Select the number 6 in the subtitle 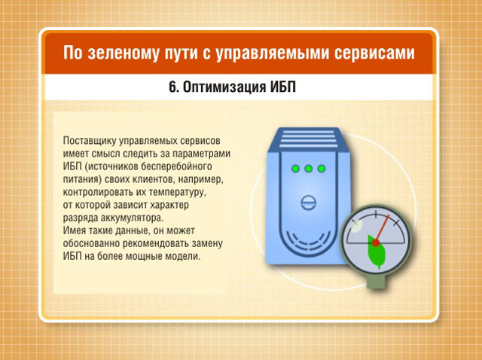pyautogui.click(x=173, y=87)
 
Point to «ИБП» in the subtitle pyautogui.click(x=283, y=87)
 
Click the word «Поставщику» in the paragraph pyautogui.click(x=89, y=141)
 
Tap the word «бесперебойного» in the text pyautogui.click(x=176, y=166)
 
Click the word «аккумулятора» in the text pyautogui.click(x=133, y=218)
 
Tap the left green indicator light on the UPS pyautogui.click(x=295, y=169)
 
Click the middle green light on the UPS pyautogui.click(x=308, y=169)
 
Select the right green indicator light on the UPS pyautogui.click(x=322, y=169)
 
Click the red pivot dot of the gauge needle pyautogui.click(x=376, y=243)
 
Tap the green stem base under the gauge pyautogui.click(x=377, y=282)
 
